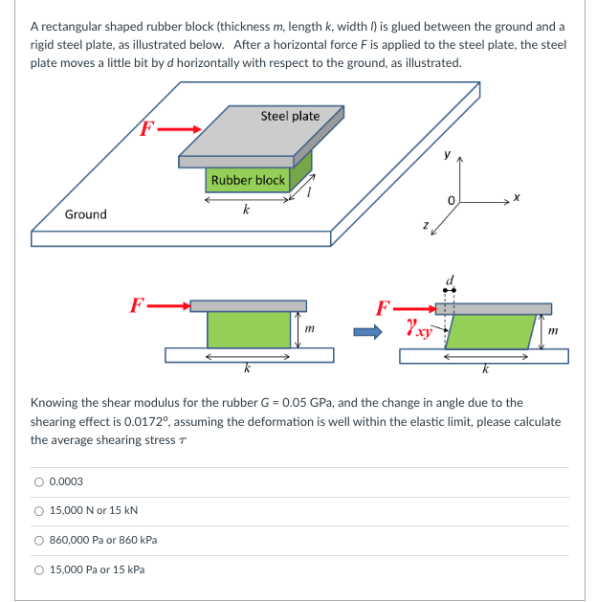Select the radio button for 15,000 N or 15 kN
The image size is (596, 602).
38,511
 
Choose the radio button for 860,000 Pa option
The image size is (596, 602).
38,541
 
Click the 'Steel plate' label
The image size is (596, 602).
290,116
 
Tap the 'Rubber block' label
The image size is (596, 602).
248,180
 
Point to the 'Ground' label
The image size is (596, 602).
85,214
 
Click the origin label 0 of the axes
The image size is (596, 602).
457,198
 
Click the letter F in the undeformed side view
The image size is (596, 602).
138,305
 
